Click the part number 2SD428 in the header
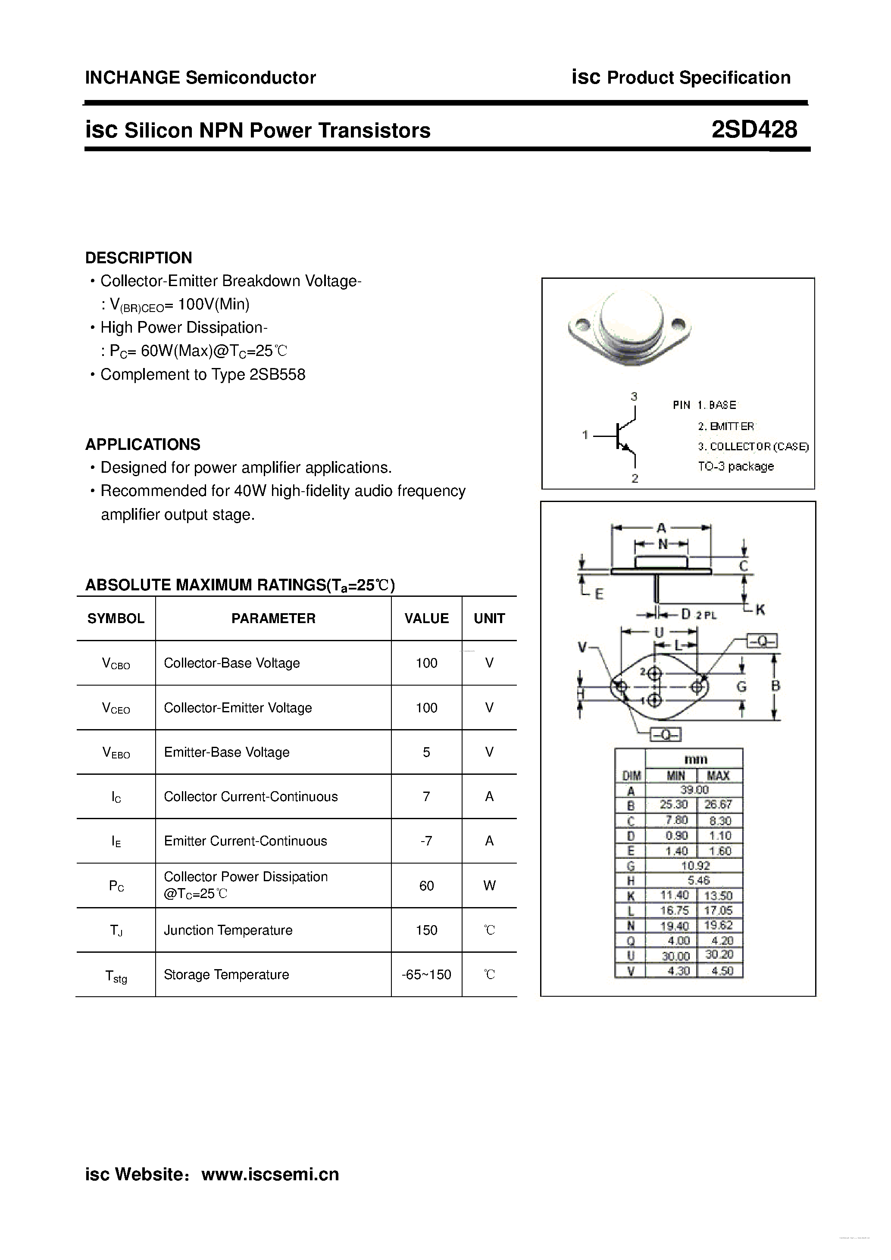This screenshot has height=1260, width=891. (754, 130)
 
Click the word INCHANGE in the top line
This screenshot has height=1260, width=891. (132, 78)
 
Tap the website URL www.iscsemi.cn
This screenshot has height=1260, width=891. (270, 1174)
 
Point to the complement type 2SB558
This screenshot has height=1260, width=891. (277, 374)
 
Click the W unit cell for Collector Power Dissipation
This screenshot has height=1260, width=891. (489, 885)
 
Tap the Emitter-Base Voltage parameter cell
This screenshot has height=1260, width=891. (226, 752)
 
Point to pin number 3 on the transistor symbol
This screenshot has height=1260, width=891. (634, 396)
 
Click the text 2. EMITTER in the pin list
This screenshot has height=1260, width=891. (726, 426)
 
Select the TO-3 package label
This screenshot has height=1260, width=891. (736, 466)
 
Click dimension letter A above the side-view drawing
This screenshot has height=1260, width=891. (662, 528)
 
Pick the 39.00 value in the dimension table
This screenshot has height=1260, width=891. (694, 790)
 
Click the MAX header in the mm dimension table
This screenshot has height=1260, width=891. (718, 775)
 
